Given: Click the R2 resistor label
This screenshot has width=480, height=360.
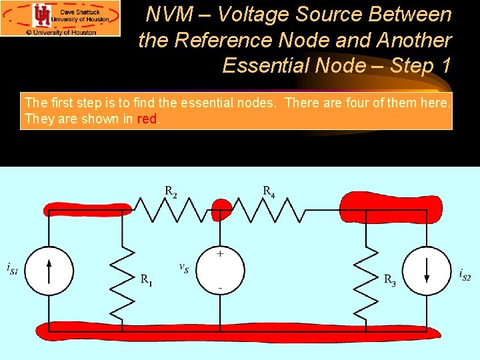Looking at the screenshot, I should point(171,192).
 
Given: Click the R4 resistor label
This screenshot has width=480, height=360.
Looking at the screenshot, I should point(269,192).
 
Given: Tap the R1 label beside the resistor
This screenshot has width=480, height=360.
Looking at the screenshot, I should point(146,280).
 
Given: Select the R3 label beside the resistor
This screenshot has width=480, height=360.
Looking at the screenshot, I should point(390,280).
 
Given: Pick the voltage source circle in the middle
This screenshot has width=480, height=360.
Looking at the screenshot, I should point(220,271).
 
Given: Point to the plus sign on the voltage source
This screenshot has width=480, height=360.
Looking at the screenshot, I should point(220,254).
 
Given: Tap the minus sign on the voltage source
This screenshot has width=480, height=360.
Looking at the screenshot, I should point(220,288).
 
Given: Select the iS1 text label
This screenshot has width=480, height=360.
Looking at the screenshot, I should point(12,269).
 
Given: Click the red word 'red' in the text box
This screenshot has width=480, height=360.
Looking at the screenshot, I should point(147,119).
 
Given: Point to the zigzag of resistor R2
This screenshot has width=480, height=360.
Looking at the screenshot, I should point(171,212).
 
